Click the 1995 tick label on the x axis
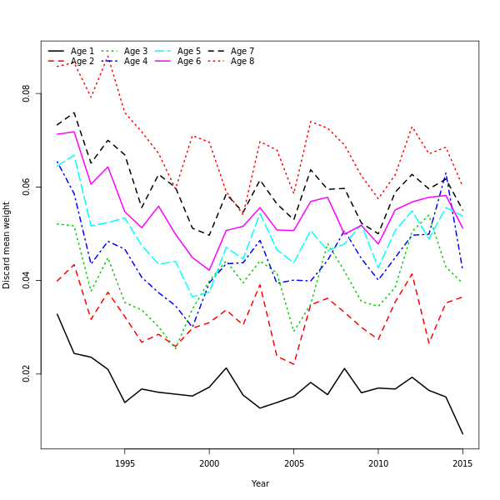[x=125, y=463]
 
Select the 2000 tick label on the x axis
[x=209, y=463]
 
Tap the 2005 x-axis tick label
[x=293, y=463]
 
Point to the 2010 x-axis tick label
[x=378, y=463]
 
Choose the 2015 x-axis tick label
[x=462, y=463]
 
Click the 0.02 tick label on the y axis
[x=27, y=373]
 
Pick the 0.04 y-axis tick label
[x=27, y=281]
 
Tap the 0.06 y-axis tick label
[x=27, y=187]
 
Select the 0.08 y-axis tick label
[x=27, y=94]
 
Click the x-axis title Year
[x=260, y=483]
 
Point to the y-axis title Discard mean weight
[x=7, y=245]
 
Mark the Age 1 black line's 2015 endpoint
[x=462, y=433]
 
